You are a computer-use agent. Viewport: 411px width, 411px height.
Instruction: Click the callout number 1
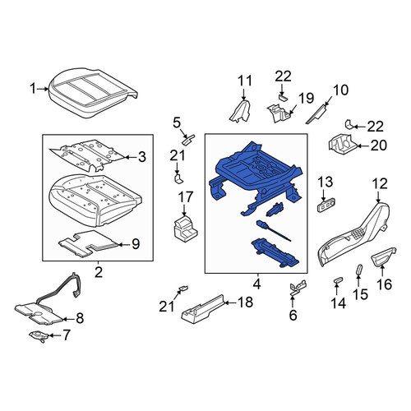click(x=33, y=89)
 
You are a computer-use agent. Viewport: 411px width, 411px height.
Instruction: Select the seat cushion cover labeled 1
click(x=93, y=93)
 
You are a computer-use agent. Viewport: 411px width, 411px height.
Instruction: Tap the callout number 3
click(x=142, y=157)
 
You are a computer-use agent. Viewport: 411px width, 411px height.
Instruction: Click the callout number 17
click(x=186, y=197)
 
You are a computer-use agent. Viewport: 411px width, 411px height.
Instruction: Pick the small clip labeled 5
click(x=188, y=139)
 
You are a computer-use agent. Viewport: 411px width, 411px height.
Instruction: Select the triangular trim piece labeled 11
click(x=240, y=111)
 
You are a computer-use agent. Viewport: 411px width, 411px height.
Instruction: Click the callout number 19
click(x=306, y=98)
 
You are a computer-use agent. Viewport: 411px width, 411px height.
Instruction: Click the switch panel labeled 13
click(x=326, y=205)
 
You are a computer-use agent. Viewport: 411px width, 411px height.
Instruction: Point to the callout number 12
click(x=380, y=184)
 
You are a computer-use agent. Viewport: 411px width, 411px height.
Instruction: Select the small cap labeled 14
click(x=338, y=280)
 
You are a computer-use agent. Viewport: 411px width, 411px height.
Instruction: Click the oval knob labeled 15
click(x=359, y=269)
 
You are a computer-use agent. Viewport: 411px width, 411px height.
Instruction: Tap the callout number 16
click(x=385, y=284)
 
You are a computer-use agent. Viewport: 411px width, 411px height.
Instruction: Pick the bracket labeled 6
click(x=298, y=287)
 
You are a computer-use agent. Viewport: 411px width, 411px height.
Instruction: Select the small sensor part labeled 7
click(x=39, y=336)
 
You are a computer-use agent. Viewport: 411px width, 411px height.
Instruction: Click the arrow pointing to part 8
click(x=68, y=319)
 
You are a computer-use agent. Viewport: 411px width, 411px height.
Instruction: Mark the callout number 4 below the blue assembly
click(x=256, y=284)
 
